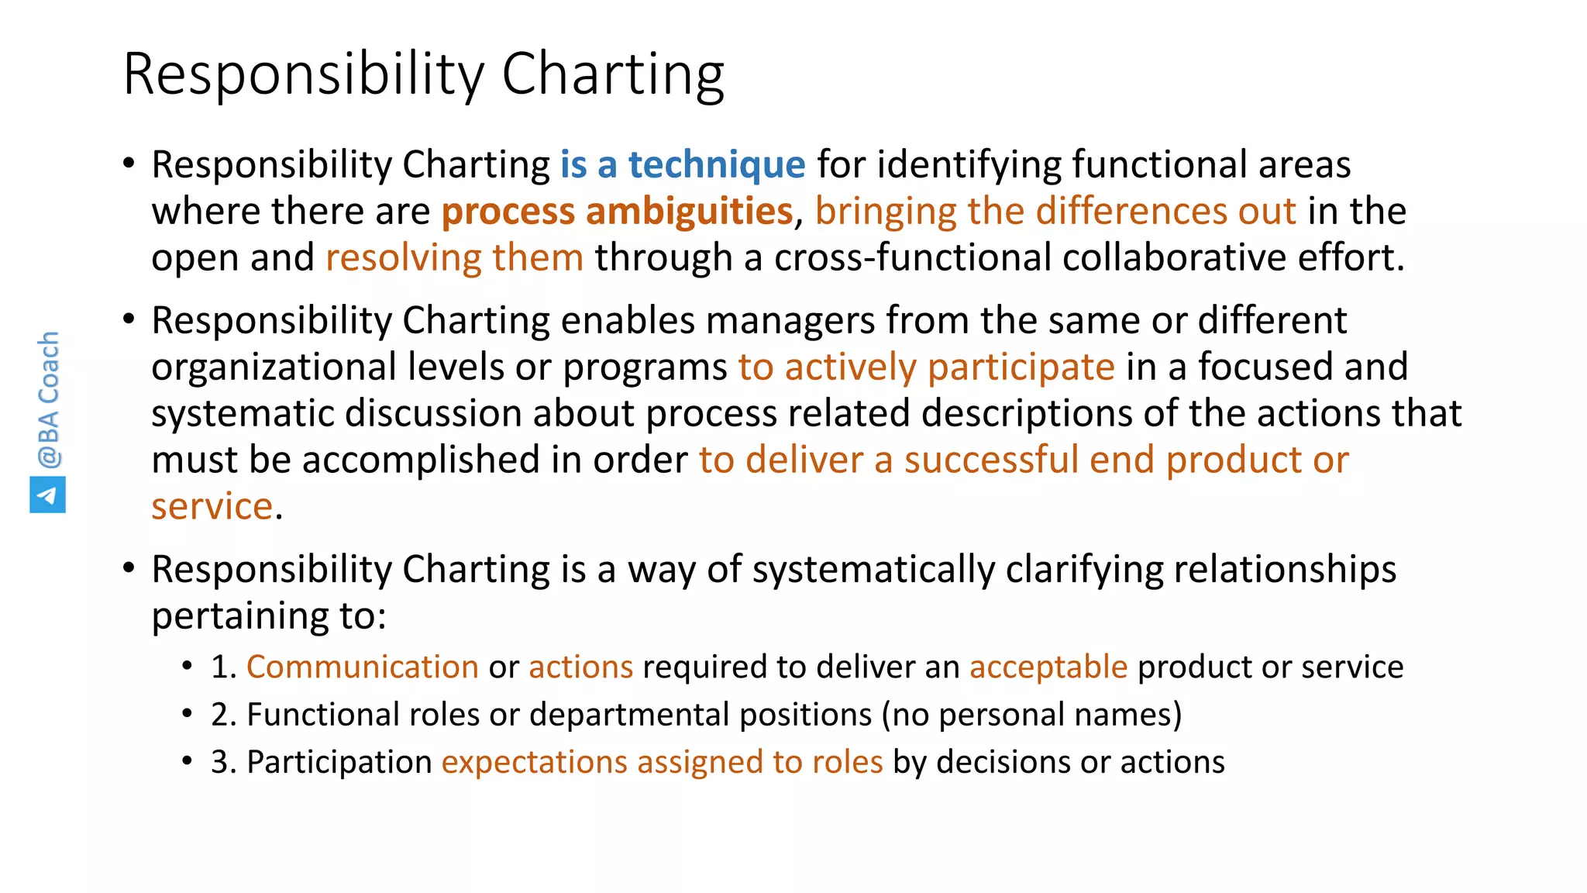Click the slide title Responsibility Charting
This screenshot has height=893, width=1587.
[423, 74]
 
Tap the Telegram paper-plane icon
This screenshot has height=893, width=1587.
[47, 495]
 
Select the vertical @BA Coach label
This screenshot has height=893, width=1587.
[48, 399]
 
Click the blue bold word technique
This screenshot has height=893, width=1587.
[716, 164]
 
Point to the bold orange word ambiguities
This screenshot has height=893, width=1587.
[689, 211]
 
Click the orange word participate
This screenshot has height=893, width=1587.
[1021, 367]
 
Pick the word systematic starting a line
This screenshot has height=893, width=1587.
[242, 413]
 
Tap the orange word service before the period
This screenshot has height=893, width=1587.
[212, 506]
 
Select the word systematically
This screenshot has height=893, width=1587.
[873, 569]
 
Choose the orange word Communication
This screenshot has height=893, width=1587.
[362, 667]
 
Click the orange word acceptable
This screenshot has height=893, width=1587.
[1048, 667]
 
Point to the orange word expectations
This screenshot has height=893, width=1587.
[534, 762]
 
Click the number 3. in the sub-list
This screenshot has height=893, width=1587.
[223, 762]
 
